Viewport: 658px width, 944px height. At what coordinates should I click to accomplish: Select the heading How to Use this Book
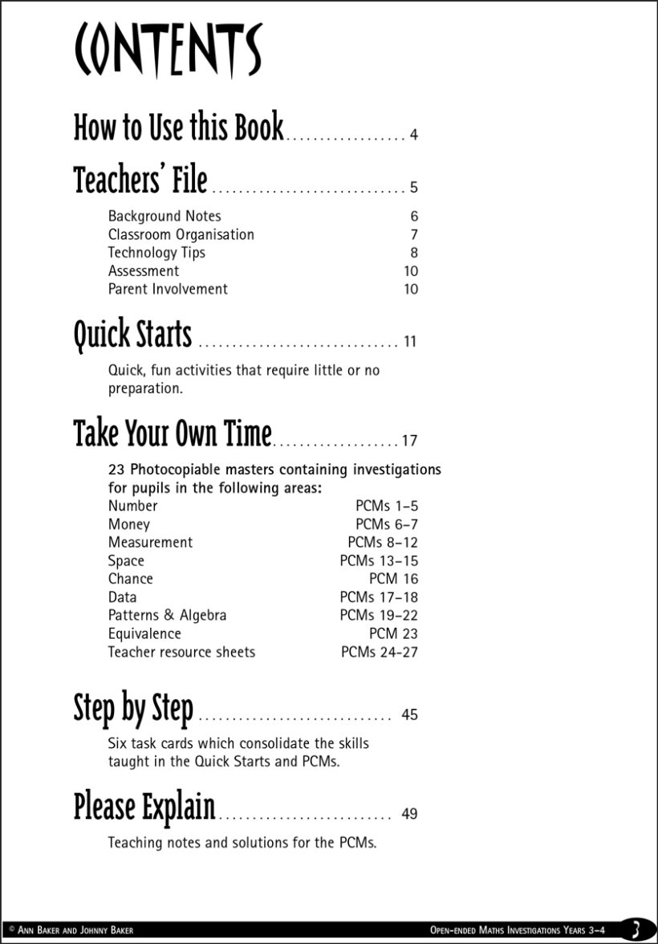(178, 128)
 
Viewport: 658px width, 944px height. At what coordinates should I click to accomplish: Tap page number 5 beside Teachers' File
(413, 188)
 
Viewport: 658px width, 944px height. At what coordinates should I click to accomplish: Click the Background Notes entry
(164, 216)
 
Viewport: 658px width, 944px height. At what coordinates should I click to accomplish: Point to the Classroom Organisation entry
(181, 234)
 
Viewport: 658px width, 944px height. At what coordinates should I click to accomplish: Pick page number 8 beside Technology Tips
(414, 253)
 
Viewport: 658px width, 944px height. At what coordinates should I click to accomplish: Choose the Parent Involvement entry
(168, 289)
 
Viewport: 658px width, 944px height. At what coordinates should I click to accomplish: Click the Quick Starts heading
(132, 335)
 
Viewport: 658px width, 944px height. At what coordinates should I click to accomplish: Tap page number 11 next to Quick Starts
(410, 342)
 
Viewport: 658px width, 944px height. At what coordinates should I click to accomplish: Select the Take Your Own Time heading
(173, 433)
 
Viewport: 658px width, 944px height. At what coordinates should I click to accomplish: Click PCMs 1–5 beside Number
(387, 506)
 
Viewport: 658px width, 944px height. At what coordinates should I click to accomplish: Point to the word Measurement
(150, 543)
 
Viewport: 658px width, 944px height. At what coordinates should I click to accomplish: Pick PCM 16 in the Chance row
(393, 579)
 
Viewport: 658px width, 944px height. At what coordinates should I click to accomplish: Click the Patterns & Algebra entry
(167, 616)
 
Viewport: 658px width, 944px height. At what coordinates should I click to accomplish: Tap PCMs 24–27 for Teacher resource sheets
(380, 652)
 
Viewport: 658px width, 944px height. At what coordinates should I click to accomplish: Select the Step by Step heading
(133, 708)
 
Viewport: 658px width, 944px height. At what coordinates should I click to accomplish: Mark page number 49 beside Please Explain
(409, 814)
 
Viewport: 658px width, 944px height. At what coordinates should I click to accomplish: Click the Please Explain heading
(144, 807)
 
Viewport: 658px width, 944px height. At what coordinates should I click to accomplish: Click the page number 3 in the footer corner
(635, 930)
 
